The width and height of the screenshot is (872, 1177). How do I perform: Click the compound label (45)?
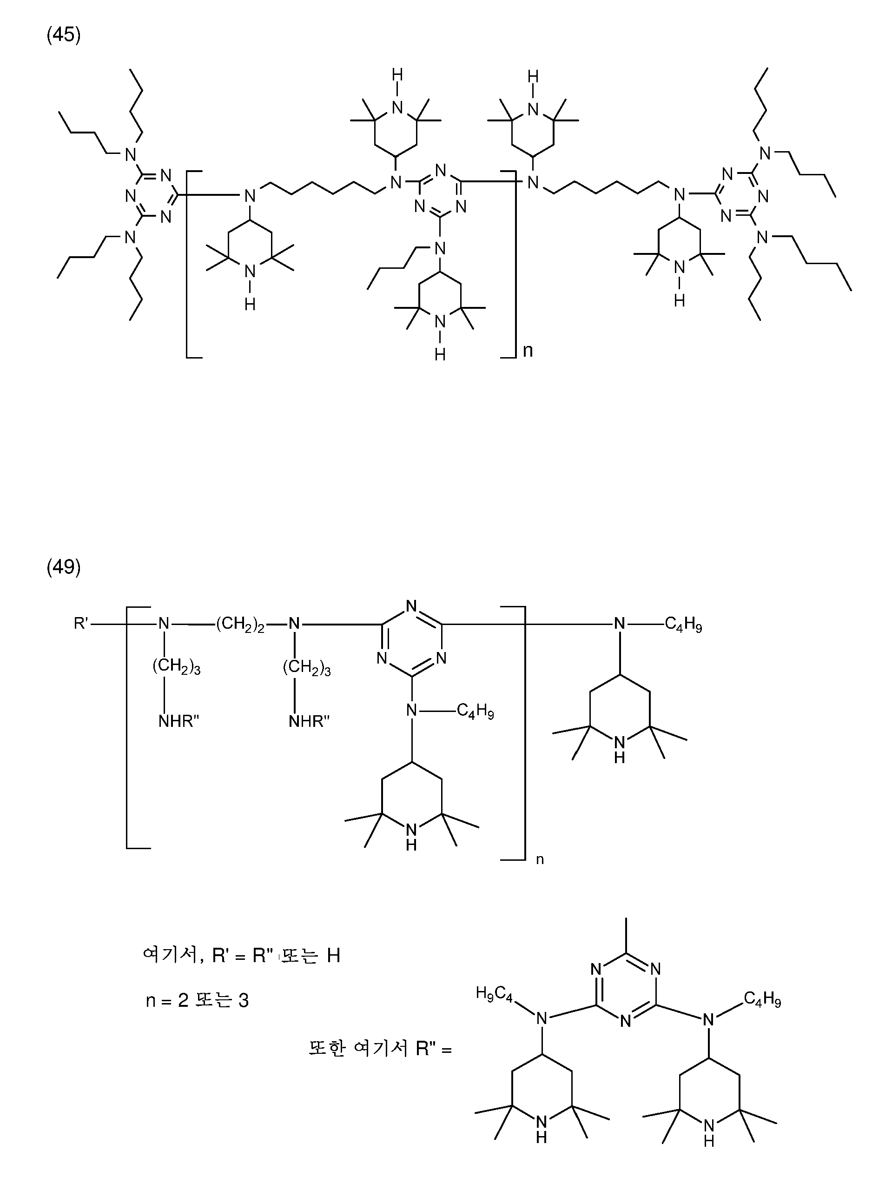(63, 35)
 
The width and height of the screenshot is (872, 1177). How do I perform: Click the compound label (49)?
(63, 567)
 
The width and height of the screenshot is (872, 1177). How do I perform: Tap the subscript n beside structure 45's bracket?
(527, 350)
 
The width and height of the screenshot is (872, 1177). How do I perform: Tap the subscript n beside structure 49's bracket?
(540, 860)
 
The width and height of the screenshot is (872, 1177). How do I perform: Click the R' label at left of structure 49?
(81, 624)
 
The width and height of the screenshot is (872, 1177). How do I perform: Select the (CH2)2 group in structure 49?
(240, 625)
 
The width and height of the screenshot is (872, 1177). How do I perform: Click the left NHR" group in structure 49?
(178, 721)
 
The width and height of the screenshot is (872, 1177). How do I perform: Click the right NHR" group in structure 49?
(309, 721)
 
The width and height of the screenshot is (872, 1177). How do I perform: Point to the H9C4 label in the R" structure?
(494, 994)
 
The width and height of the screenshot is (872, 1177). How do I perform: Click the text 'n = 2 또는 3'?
(197, 1000)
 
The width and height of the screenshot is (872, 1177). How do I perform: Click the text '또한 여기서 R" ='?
(380, 1048)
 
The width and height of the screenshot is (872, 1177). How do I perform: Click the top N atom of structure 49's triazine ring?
(412, 605)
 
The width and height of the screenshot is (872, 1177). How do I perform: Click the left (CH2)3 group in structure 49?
(176, 667)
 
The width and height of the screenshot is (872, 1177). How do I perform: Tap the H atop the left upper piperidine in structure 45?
(397, 75)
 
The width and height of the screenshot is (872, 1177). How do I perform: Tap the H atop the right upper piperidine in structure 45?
(533, 77)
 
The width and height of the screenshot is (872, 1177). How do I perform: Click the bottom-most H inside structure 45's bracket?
(440, 355)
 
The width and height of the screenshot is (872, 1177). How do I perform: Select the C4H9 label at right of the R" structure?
(762, 998)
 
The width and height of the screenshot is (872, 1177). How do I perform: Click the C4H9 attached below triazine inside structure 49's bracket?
(475, 712)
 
